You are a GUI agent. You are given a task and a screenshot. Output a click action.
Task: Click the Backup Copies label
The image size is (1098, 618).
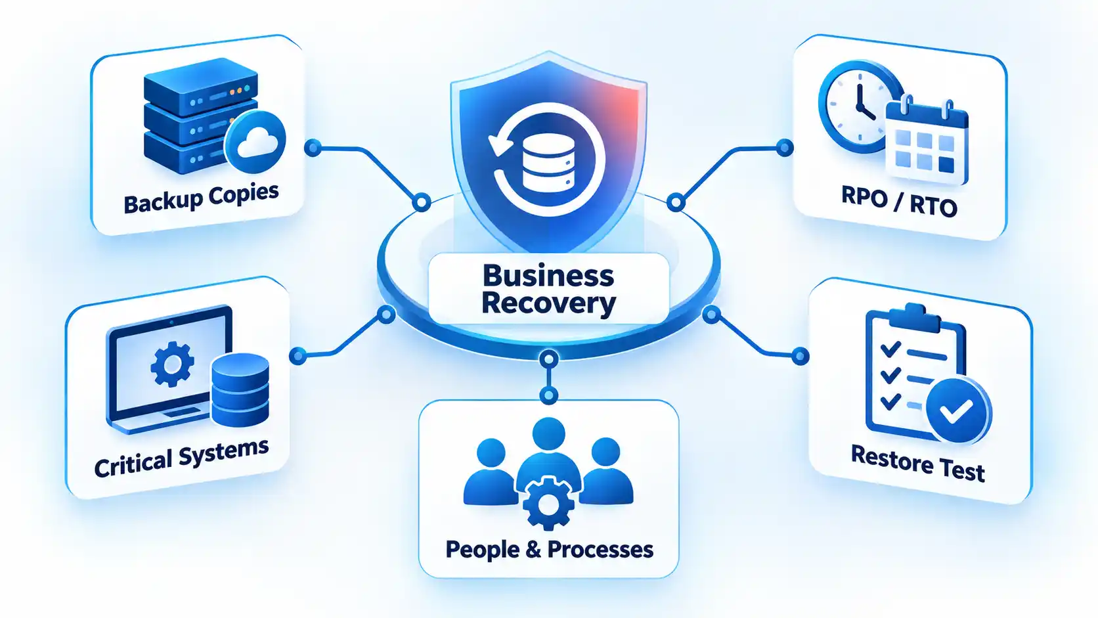tap(201, 198)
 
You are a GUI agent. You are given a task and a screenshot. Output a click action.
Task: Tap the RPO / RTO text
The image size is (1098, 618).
tap(899, 202)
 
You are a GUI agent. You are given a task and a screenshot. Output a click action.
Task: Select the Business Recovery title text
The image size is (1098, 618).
tap(548, 289)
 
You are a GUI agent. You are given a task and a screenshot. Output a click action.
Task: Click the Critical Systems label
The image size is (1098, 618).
tap(181, 458)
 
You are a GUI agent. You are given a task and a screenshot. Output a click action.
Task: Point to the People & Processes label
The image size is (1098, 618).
tap(549, 550)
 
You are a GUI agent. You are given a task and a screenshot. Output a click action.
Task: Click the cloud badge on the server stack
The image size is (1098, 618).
tap(255, 141)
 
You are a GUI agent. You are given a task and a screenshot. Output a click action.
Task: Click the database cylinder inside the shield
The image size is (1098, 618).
tap(548, 162)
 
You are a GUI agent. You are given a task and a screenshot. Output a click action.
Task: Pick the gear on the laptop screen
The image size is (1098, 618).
tap(172, 364)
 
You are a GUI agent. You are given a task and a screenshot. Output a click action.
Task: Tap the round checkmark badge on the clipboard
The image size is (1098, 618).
tap(958, 410)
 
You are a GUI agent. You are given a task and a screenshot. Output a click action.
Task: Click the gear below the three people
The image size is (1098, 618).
tap(548, 503)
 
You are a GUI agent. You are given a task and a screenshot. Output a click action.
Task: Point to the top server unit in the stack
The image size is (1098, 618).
tap(200, 87)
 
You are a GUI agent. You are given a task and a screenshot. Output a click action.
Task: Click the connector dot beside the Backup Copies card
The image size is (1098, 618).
tap(313, 147)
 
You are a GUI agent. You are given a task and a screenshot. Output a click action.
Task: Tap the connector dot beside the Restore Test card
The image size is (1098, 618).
tap(800, 356)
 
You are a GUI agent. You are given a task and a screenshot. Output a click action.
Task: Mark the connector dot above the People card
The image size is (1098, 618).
tap(548, 395)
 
